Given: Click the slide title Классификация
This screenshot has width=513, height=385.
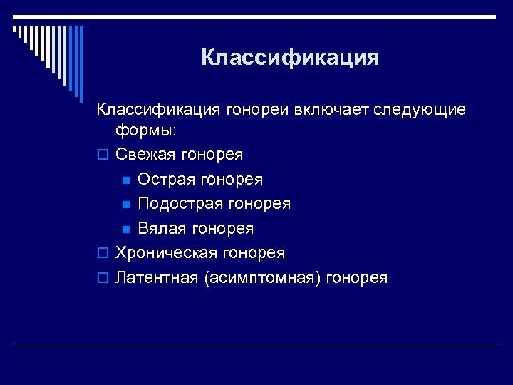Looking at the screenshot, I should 290,57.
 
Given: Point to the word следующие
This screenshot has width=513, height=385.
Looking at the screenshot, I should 423,111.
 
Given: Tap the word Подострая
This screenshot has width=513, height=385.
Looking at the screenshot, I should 180,204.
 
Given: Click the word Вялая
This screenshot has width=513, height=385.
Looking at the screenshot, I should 159,228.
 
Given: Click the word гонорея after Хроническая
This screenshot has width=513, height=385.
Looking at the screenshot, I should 254,252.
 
